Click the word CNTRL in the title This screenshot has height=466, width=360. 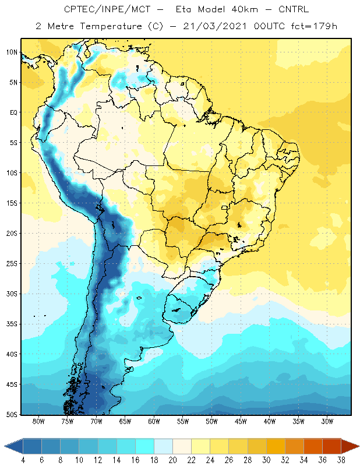[294, 9]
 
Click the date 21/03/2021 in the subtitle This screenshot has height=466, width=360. [215, 26]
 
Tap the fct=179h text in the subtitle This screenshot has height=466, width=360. [314, 26]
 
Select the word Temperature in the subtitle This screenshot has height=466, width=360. [111, 26]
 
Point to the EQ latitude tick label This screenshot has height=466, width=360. [13, 112]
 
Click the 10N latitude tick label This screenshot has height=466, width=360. [12, 52]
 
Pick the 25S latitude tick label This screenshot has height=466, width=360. [12, 264]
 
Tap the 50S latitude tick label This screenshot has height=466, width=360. [12, 415]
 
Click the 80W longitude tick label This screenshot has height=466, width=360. [38, 421]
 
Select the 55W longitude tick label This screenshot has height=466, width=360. [183, 421]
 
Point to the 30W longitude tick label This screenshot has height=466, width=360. [327, 421]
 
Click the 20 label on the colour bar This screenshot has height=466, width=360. [172, 460]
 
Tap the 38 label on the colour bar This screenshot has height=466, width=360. [341, 460]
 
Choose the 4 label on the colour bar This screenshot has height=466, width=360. [23, 460]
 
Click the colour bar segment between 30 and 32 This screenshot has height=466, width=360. [276, 446]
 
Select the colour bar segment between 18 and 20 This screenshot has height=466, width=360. [163, 446]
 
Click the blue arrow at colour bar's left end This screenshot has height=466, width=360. [13, 446]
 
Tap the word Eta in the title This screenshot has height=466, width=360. [183, 9]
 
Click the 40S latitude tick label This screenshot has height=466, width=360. [12, 354]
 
